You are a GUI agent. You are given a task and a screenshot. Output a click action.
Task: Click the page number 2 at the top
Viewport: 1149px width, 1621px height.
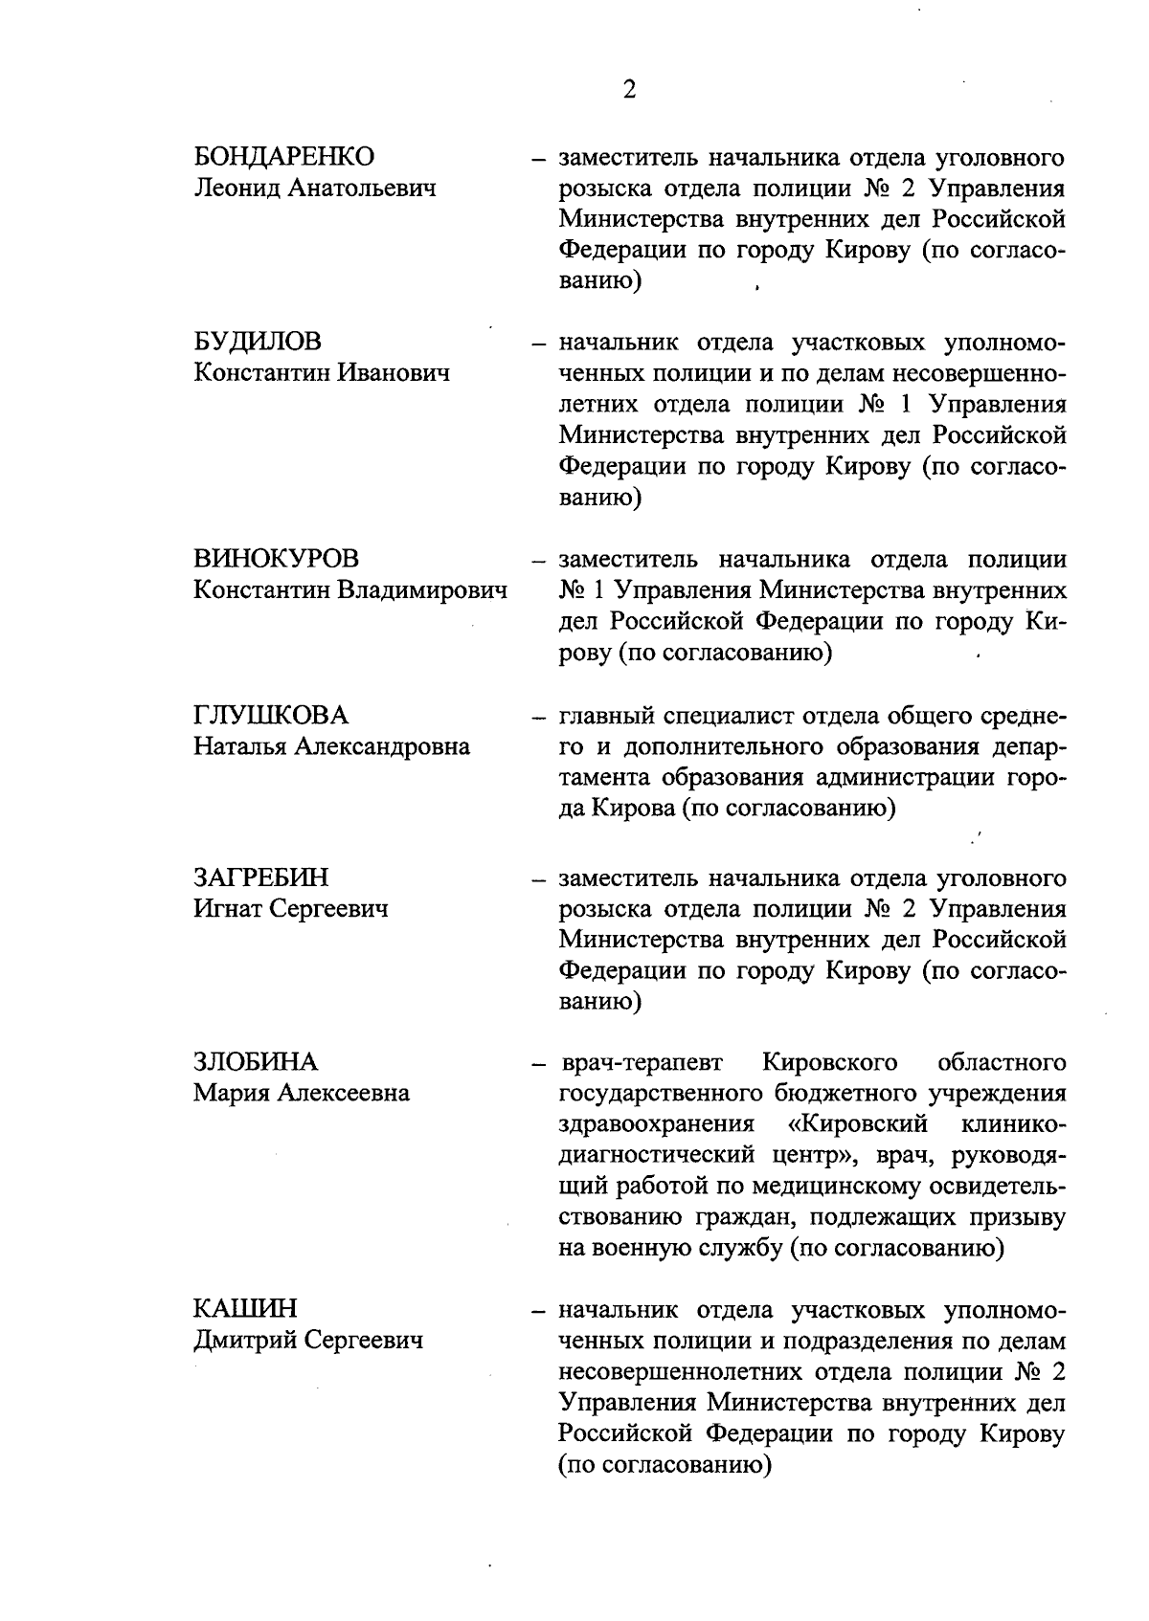(629, 90)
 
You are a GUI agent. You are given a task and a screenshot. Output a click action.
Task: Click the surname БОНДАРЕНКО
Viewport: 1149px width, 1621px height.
(284, 156)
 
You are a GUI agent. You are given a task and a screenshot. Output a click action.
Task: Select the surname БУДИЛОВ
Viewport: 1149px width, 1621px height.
(258, 342)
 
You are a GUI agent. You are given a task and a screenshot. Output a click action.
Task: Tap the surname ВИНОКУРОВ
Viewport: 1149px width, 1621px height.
(277, 559)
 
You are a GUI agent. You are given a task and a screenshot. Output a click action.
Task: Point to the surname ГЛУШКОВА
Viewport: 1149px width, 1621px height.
(271, 716)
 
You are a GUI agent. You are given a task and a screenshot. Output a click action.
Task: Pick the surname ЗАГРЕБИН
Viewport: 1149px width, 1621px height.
(260, 877)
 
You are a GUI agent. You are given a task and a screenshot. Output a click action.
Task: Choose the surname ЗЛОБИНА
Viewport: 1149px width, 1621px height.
(256, 1062)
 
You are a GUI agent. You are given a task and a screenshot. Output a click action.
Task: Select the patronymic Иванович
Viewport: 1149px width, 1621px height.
(392, 372)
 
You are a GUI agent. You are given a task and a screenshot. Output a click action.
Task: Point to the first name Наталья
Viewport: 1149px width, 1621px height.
(239, 746)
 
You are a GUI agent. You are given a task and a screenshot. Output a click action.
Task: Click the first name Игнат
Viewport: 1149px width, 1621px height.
(227, 908)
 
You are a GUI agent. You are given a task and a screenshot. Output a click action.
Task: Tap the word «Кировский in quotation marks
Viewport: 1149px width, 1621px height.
(858, 1123)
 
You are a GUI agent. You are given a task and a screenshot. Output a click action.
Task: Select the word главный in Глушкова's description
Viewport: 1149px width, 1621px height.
(605, 717)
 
